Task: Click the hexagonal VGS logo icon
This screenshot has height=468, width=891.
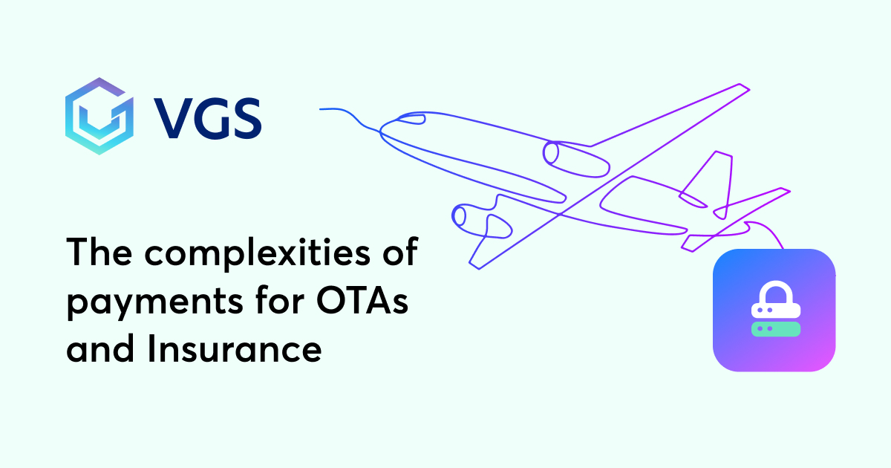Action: pyautogui.click(x=98, y=115)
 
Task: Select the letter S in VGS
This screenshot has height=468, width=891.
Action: pyautogui.click(x=244, y=119)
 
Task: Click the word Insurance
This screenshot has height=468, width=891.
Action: pyautogui.click(x=235, y=348)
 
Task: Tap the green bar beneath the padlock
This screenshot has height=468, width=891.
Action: pyautogui.click(x=775, y=328)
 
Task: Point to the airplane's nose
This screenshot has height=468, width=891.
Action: pyautogui.click(x=384, y=131)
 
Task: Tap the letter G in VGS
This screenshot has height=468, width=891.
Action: pyautogui.click(x=208, y=119)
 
